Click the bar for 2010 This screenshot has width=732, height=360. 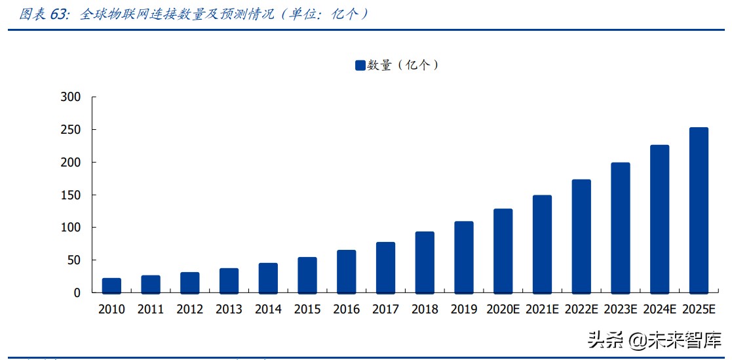(x=111, y=285)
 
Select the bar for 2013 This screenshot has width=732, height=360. (x=229, y=281)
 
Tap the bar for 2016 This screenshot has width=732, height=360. (x=346, y=271)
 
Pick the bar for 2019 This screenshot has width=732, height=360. (x=464, y=257)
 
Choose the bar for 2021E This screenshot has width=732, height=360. (x=542, y=244)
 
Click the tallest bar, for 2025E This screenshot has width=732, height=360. (x=699, y=210)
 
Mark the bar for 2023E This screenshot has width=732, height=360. (x=620, y=228)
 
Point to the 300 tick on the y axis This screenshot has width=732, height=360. (x=69, y=97)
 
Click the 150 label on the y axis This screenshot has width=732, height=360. (x=69, y=195)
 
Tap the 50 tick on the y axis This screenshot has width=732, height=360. (x=73, y=260)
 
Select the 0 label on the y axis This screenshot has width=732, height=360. (x=77, y=293)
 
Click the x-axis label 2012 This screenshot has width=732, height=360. (x=189, y=310)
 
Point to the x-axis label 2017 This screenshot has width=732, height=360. (x=385, y=310)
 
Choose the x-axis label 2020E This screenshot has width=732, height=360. (x=503, y=310)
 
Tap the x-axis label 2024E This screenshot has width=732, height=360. (x=659, y=310)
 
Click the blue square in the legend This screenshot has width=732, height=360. (x=360, y=65)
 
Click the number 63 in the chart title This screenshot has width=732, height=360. (x=59, y=14)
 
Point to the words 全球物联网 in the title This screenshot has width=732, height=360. (x=109, y=14)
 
